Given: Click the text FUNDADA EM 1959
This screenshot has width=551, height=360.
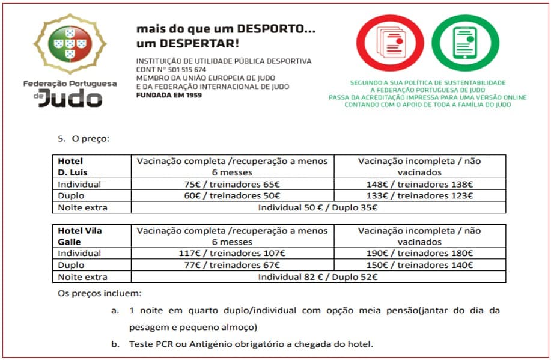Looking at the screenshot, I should point(169,95).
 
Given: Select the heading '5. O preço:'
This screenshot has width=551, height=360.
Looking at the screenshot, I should point(84,138).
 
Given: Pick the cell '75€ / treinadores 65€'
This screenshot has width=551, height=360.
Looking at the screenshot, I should point(232,185).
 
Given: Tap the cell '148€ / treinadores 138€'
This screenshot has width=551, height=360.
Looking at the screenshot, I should point(419,185).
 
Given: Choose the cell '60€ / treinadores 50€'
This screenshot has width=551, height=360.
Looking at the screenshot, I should point(232,196).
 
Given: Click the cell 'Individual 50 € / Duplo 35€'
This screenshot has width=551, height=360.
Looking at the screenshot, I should point(317,207).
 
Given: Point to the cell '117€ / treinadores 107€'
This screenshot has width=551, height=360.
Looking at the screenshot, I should point(232,254).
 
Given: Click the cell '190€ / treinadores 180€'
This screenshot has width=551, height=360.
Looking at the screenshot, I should point(419,254).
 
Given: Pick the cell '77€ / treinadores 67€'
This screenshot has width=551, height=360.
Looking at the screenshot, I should point(232,265).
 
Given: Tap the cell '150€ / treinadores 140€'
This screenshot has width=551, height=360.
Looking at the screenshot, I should point(419,265).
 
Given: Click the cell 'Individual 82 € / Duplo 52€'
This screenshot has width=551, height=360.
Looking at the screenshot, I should point(317,277).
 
